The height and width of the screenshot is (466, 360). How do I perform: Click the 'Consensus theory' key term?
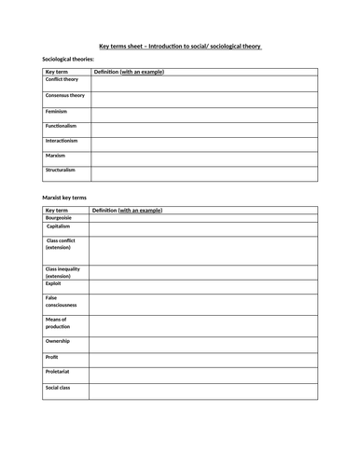[65, 95]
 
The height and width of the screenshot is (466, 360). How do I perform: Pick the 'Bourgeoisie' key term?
[60, 218]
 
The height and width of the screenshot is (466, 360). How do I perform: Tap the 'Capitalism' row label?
[59, 226]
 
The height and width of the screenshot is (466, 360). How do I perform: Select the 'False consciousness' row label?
[62, 301]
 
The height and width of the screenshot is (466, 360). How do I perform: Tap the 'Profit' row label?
[52, 357]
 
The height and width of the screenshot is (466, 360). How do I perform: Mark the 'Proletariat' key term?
[59, 372]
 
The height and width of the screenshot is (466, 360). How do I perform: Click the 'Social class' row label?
[59, 387]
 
